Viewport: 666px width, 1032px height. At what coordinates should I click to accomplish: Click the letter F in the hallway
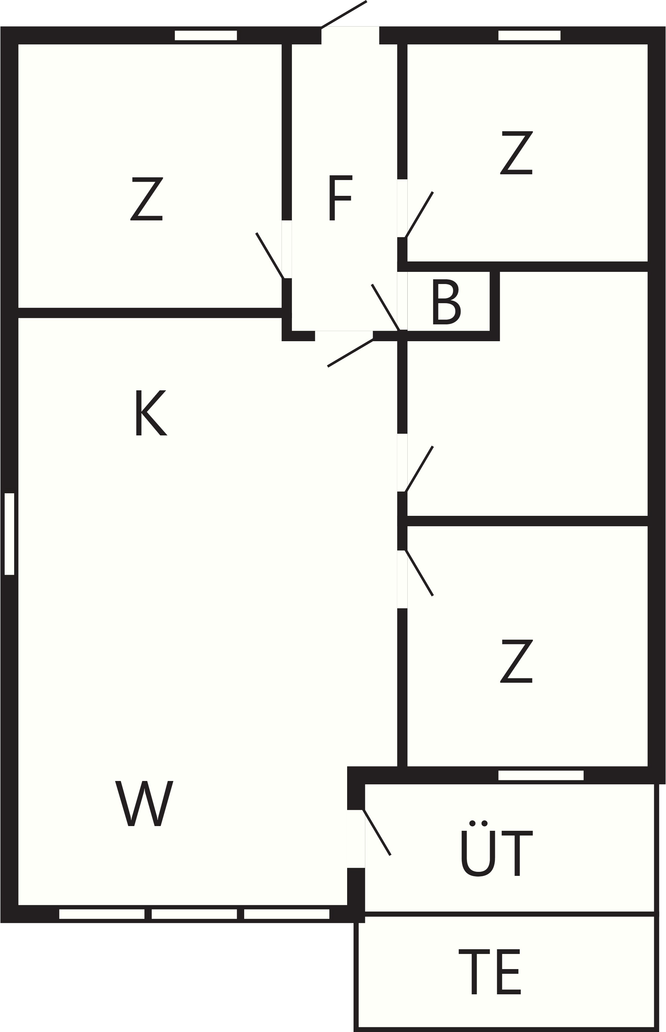click(x=341, y=198)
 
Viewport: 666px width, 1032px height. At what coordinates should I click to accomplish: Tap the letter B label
click(x=446, y=301)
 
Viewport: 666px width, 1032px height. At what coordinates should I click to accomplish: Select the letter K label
click(x=151, y=413)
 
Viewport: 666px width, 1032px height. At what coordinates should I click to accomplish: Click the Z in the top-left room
click(x=147, y=199)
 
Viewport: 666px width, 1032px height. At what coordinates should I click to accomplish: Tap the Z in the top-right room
click(x=516, y=152)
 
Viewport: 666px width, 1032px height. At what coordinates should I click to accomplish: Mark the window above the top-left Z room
click(x=206, y=35)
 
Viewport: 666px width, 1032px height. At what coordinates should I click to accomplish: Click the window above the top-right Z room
click(x=529, y=35)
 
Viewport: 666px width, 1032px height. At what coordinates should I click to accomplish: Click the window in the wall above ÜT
click(x=541, y=776)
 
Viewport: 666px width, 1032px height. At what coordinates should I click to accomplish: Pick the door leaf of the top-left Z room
click(x=270, y=256)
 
